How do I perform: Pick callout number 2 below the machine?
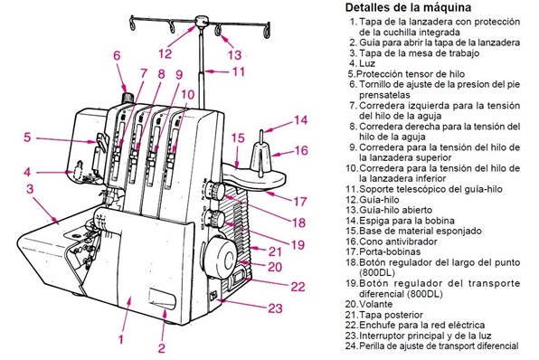tap(162, 346)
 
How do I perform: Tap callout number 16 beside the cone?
tap(301, 150)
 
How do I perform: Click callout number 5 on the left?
tap(28, 137)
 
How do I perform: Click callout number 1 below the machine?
tap(120, 339)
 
